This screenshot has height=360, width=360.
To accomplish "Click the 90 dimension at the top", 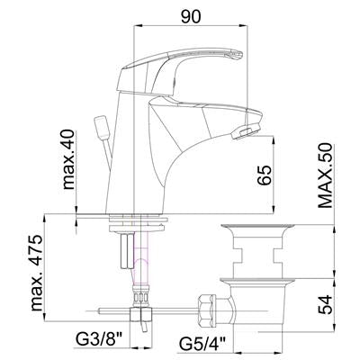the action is pyautogui.click(x=191, y=17).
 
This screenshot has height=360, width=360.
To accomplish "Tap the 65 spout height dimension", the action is pyautogui.click(x=265, y=175).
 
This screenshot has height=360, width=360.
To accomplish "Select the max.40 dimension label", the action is pyautogui.click(x=68, y=159).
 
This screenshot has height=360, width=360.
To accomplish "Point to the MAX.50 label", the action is pyautogui.click(x=325, y=175).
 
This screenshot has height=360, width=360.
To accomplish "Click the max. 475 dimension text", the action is pyautogui.click(x=37, y=273).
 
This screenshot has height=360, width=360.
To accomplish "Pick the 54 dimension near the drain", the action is pyautogui.click(x=325, y=304).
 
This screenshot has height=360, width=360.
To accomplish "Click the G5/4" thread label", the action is pyautogui.click(x=202, y=343).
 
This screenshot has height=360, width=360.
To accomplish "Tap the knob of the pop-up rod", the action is pyautogui.click(x=102, y=128).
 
